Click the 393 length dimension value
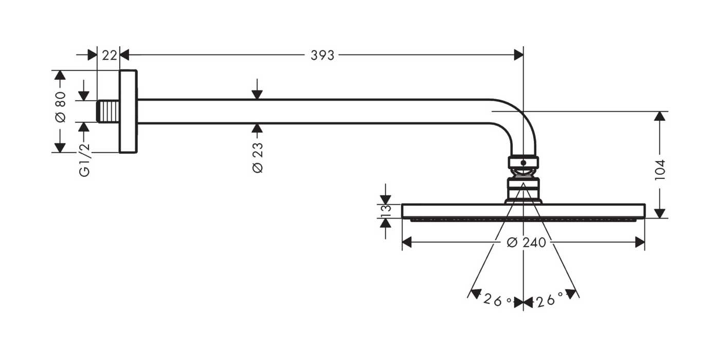pos(322,56)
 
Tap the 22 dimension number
pos(109,56)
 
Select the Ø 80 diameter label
pos(61,107)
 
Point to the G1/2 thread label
pos(84,160)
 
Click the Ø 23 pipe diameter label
pos(258,157)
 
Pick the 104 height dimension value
pos(660,170)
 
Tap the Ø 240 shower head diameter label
pos(527,243)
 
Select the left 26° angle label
pos(497,300)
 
